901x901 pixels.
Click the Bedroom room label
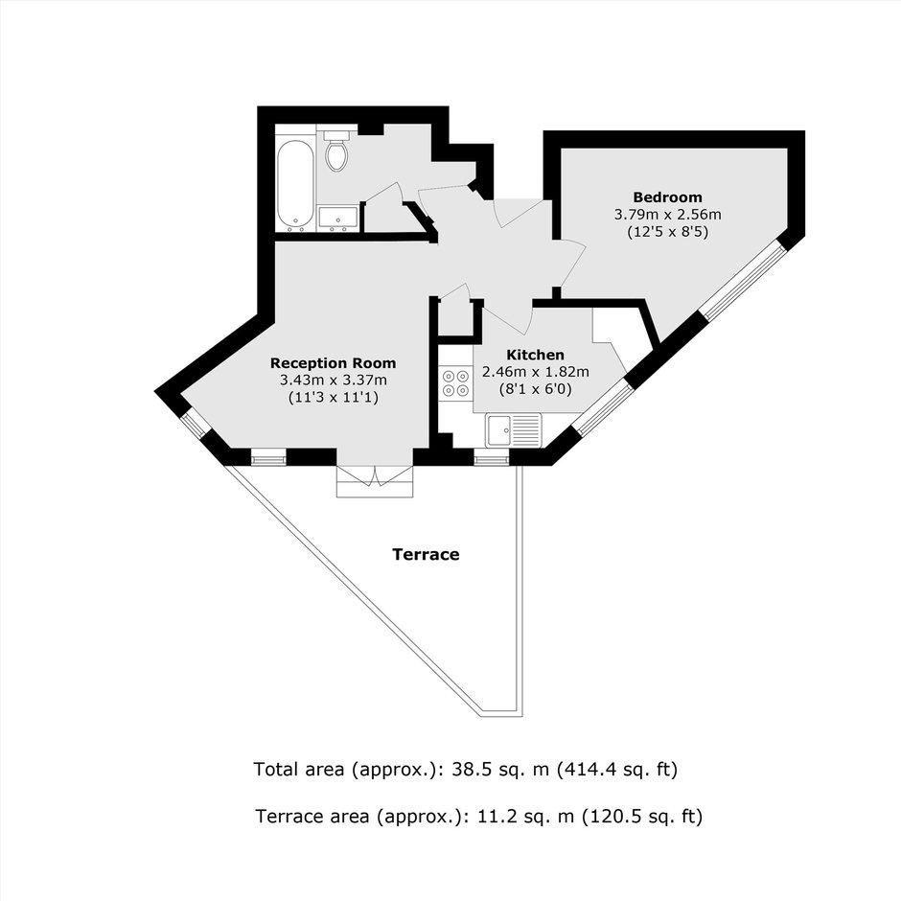(667, 197)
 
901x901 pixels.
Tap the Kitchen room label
(535, 355)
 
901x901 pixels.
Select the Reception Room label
(333, 363)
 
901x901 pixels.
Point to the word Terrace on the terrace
(426, 555)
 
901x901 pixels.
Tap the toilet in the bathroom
(336, 150)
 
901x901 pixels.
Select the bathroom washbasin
(338, 219)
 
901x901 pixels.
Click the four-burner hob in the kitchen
(455, 383)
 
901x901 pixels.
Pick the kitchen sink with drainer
(513, 429)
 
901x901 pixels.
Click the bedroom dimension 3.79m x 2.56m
(667, 215)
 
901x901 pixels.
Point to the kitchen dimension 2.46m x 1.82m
(536, 372)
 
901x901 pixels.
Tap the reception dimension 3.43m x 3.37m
(334, 380)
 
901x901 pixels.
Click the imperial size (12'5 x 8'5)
(667, 232)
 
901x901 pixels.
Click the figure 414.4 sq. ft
(614, 769)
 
